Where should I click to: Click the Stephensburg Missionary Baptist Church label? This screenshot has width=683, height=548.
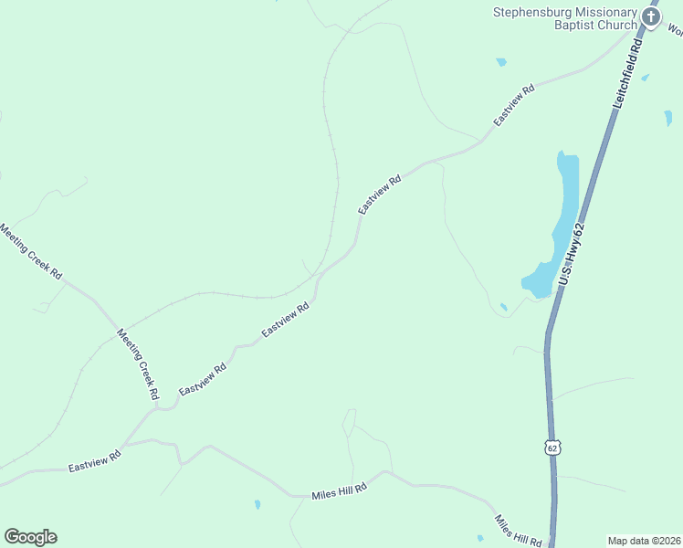pos(564,18)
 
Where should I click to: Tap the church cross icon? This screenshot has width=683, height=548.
pos(650,16)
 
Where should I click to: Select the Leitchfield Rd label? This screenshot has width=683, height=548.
pos(629,74)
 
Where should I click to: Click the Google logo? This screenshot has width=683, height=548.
pos(30,537)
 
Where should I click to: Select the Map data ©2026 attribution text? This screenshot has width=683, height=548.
pos(645,541)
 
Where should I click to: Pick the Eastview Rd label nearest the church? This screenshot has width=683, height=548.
pos(513,107)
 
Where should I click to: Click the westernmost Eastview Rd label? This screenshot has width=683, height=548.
pos(95,461)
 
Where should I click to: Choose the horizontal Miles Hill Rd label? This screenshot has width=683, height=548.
pos(339,490)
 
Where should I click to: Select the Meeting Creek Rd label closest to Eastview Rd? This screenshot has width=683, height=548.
pos(138,364)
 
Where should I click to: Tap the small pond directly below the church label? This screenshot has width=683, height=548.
pos(500,62)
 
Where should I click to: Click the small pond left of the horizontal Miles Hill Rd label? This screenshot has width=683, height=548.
pos(257,503)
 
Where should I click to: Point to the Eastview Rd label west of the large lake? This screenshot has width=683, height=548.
pos(379,195)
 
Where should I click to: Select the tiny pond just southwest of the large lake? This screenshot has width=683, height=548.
pos(503,307)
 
